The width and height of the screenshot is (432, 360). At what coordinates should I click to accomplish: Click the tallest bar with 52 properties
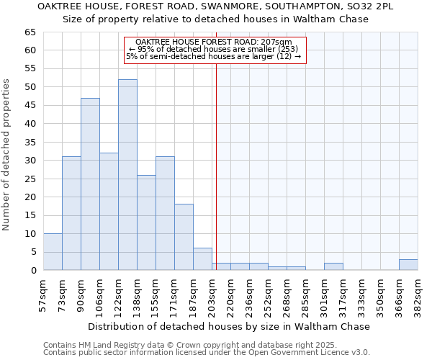point(127,175)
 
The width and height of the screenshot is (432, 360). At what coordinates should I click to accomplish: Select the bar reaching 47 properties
point(90,184)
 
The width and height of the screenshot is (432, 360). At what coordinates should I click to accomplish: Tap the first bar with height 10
point(53,252)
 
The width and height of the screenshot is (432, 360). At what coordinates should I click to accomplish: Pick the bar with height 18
point(184,237)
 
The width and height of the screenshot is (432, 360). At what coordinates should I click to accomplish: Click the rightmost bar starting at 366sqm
point(408,265)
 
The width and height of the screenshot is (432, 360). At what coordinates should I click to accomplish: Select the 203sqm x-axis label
point(212,294)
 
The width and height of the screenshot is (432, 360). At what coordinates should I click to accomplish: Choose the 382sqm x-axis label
point(418,294)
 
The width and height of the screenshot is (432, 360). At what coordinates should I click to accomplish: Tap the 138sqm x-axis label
point(138,294)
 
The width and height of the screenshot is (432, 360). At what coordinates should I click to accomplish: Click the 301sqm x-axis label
point(325,294)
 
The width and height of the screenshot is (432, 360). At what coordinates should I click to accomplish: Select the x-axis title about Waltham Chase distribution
point(230,326)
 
